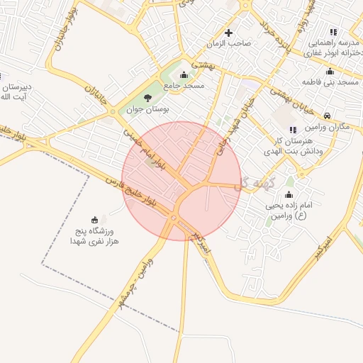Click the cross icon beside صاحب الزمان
(x=228, y=33)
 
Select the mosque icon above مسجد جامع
(x=184, y=74)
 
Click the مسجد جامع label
(x=184, y=85)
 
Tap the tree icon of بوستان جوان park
(x=147, y=98)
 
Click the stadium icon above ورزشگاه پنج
(x=95, y=219)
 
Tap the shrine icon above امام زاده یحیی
(x=288, y=195)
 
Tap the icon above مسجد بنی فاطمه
(x=329, y=71)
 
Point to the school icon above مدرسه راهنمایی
(x=333, y=32)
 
